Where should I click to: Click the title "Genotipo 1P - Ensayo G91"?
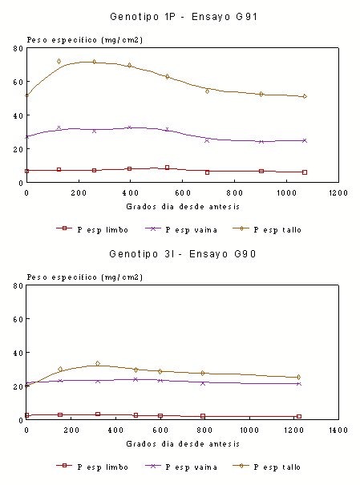point(184,17)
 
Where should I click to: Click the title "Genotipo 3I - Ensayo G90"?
point(183,254)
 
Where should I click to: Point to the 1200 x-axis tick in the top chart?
point(338,193)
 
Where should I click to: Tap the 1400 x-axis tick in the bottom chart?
point(338,430)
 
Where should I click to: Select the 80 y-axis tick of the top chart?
point(18,49)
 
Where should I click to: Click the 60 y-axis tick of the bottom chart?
point(18,319)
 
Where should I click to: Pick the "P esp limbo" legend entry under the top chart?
point(92,230)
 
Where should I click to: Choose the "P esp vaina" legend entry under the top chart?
point(181,230)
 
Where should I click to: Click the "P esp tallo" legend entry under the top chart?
point(267,230)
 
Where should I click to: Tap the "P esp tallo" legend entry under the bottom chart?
point(267,467)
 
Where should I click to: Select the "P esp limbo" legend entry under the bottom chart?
point(92,467)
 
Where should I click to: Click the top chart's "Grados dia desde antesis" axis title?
point(183,207)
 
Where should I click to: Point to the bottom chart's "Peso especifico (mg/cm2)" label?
point(85,277)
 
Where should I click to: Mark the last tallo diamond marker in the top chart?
point(305,96)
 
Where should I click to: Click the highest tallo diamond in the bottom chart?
point(98,363)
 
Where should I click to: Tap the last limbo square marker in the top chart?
point(305,172)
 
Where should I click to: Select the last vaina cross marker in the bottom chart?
point(299,384)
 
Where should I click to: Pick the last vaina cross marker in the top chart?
point(305,141)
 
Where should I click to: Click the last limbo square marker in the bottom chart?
point(299,416)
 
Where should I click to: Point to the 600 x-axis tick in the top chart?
point(183,193)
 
